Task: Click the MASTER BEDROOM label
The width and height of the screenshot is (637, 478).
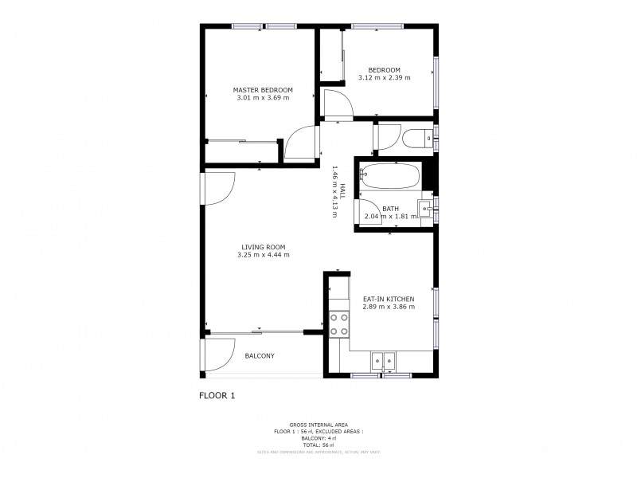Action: (263, 89)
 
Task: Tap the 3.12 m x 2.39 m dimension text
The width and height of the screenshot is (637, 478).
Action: (389, 77)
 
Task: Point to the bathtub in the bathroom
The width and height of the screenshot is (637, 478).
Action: (390, 177)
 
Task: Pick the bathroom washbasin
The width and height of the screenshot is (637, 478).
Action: (427, 210)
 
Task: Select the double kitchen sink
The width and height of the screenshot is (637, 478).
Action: (384, 360)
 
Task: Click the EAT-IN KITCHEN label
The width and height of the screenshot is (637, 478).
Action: (389, 299)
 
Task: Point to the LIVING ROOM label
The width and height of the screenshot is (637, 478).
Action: (263, 247)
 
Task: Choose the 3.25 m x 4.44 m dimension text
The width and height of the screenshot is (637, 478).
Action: (263, 255)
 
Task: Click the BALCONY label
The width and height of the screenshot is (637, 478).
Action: (260, 356)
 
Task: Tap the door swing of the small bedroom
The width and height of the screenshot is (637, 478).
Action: (336, 104)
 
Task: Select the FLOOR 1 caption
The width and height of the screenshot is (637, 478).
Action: (217, 394)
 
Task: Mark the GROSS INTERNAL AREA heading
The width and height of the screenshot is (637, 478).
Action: (318, 425)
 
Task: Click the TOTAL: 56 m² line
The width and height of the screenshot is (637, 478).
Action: (318, 445)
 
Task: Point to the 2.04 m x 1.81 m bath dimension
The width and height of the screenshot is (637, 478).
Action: (390, 216)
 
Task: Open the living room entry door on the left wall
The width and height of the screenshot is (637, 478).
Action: (218, 188)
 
